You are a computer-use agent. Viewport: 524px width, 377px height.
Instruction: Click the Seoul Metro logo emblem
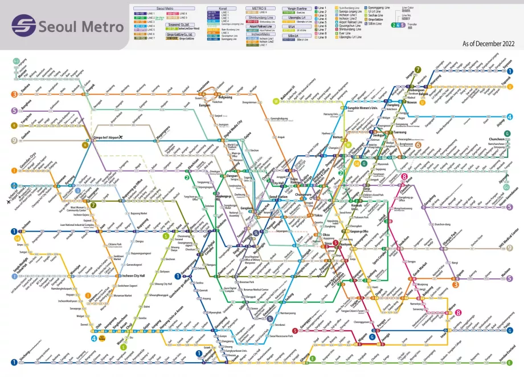(x=23, y=25)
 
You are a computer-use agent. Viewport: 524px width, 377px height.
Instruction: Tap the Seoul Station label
(x=279, y=196)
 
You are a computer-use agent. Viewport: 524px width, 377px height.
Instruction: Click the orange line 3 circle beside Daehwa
(x=14, y=94)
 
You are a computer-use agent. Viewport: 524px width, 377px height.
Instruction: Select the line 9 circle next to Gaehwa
(x=14, y=140)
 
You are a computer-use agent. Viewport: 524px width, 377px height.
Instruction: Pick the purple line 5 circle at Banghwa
(x=14, y=111)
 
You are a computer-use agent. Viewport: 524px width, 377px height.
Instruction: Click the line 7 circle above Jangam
(x=417, y=70)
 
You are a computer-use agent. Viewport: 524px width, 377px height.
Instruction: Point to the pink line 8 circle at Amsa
(x=403, y=177)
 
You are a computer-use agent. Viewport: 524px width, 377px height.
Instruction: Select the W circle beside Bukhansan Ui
(x=276, y=102)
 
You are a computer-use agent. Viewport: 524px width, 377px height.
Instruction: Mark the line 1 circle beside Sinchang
(x=14, y=362)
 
